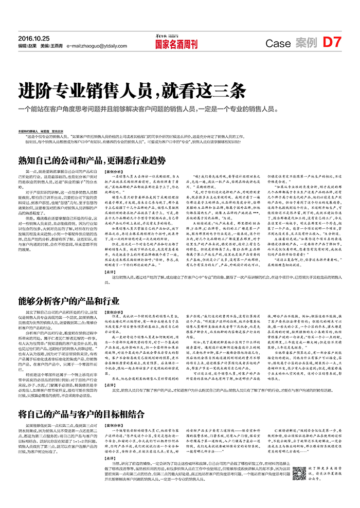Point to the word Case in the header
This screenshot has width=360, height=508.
click(x=278, y=44)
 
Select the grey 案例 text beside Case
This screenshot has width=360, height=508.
click(x=307, y=44)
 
